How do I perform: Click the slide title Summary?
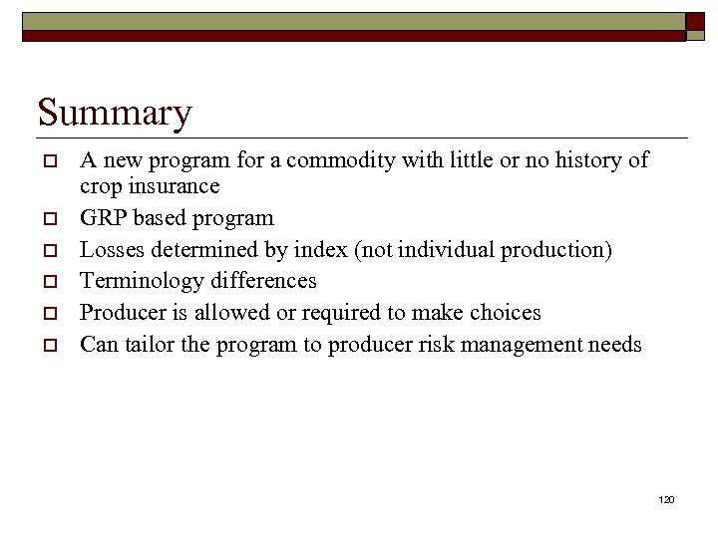[x=114, y=113]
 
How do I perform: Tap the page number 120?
[x=666, y=498]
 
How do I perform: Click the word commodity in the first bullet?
[x=335, y=159]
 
